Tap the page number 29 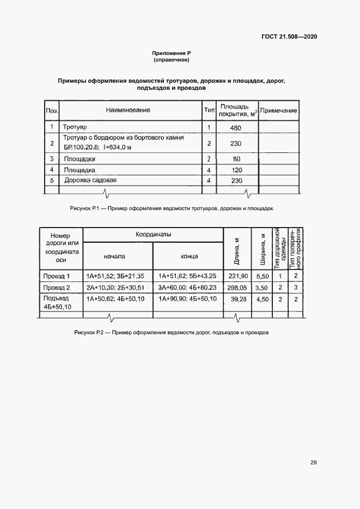pyautogui.click(x=314, y=463)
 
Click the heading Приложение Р pyautogui.click(x=170, y=53)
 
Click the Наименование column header pyautogui.click(x=128, y=111)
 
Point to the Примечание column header pyautogui.click(x=279, y=111)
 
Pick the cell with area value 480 pyautogui.click(x=236, y=127)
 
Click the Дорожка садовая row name pyautogui.click(x=90, y=180)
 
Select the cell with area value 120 pyautogui.click(x=236, y=170)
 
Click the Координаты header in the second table pyautogui.click(x=154, y=234)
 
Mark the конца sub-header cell pyautogui.click(x=189, y=256)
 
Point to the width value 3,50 pyautogui.click(x=262, y=287)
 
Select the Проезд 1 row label pyautogui.click(x=57, y=276)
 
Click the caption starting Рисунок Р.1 pyautogui.click(x=172, y=208)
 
